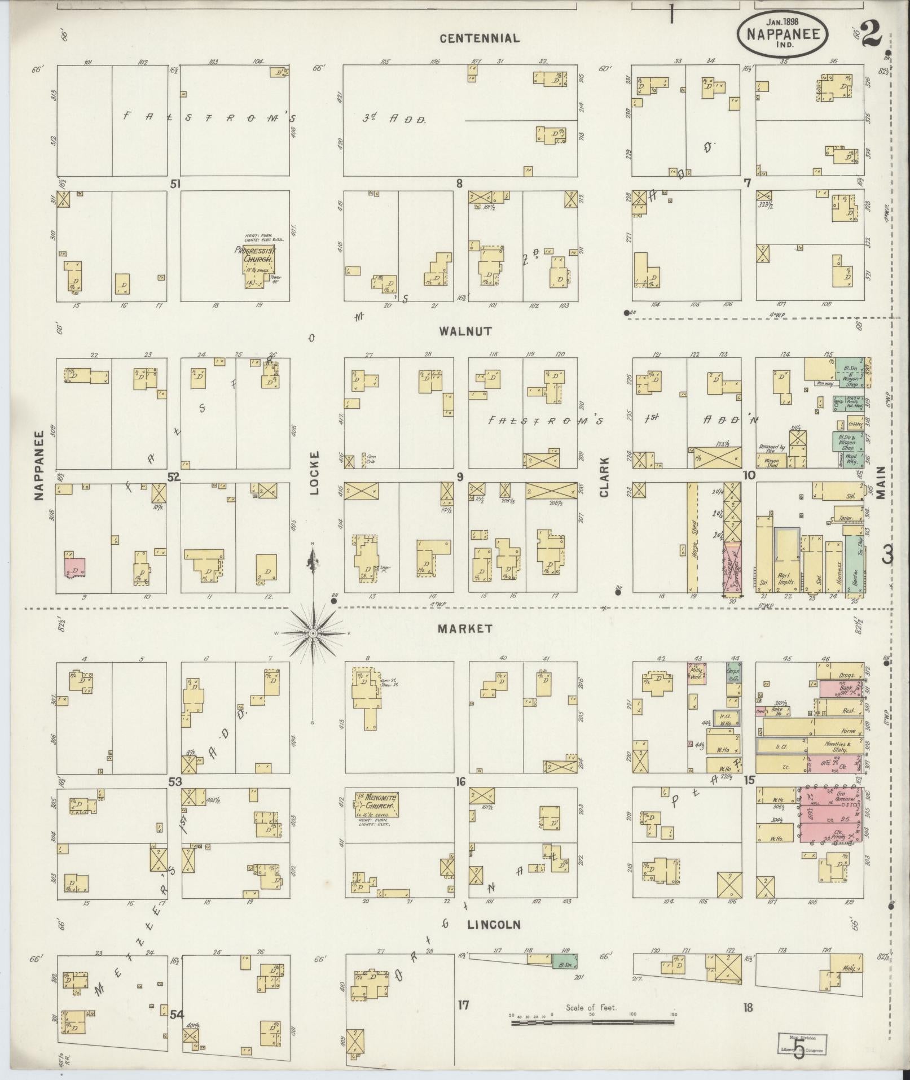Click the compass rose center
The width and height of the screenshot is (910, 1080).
313,634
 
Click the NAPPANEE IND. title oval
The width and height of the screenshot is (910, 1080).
782,34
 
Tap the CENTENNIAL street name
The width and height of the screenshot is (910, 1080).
480,38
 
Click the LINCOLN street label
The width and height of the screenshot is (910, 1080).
493,925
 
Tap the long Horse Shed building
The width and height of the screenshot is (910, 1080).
692,536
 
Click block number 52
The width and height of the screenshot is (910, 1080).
173,478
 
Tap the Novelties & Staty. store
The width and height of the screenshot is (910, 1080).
835,746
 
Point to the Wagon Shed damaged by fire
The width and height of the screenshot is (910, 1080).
772,463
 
